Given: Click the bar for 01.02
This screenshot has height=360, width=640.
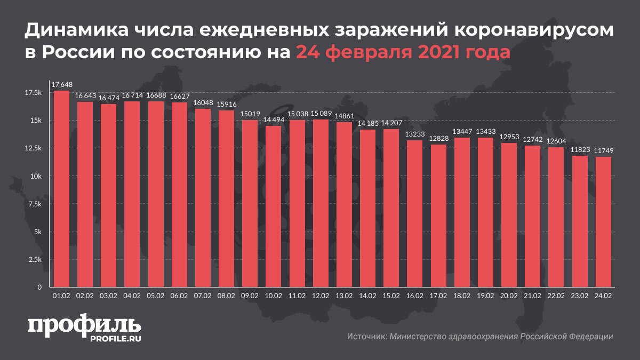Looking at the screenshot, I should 61,189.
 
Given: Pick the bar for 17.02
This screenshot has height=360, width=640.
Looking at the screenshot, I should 438,216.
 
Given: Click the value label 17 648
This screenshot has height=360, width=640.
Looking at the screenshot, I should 61,84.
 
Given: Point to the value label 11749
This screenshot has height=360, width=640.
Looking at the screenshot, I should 603,151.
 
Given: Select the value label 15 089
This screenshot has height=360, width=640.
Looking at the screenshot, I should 321,114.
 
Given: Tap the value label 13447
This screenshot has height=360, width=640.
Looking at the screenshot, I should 462,132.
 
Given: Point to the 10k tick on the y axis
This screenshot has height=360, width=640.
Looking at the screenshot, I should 36,176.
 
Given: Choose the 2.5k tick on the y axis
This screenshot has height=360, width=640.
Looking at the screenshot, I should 34,260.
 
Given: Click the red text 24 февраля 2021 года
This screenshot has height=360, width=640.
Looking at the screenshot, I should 403,52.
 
